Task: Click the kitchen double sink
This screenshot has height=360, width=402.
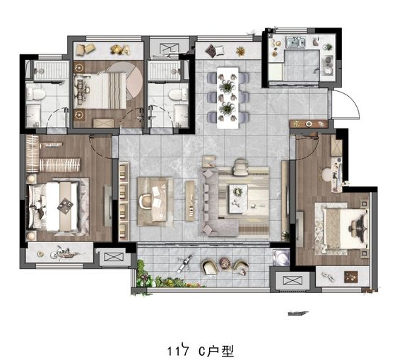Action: pyautogui.click(x=295, y=42)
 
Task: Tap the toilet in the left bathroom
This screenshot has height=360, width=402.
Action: pyautogui.click(x=36, y=94)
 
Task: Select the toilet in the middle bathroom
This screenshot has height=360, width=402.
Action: pyautogui.click(x=178, y=95)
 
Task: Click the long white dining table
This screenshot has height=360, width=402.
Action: pyautogui.click(x=227, y=97)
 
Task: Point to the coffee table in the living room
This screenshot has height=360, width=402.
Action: pyautogui.click(x=238, y=198)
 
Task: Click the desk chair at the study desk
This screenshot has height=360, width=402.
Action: pyautogui.click(x=145, y=201)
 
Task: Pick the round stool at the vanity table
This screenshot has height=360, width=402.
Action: pyautogui.click(x=326, y=174)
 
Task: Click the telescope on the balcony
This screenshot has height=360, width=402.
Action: pyautogui.click(x=184, y=263)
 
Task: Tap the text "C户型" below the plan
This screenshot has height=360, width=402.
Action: pyautogui.click(x=216, y=351)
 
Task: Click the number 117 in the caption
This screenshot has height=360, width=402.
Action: pyautogui.click(x=177, y=351)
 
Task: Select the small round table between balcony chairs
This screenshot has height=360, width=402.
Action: pyautogui.click(x=225, y=263)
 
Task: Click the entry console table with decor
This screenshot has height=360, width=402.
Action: pyautogui.click(x=309, y=124)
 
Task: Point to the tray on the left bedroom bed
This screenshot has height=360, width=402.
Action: pyautogui.click(x=65, y=205)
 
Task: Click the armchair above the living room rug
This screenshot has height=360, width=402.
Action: pyautogui.click(x=241, y=167)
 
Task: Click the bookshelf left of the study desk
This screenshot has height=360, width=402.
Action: pyautogui.click(x=124, y=201)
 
